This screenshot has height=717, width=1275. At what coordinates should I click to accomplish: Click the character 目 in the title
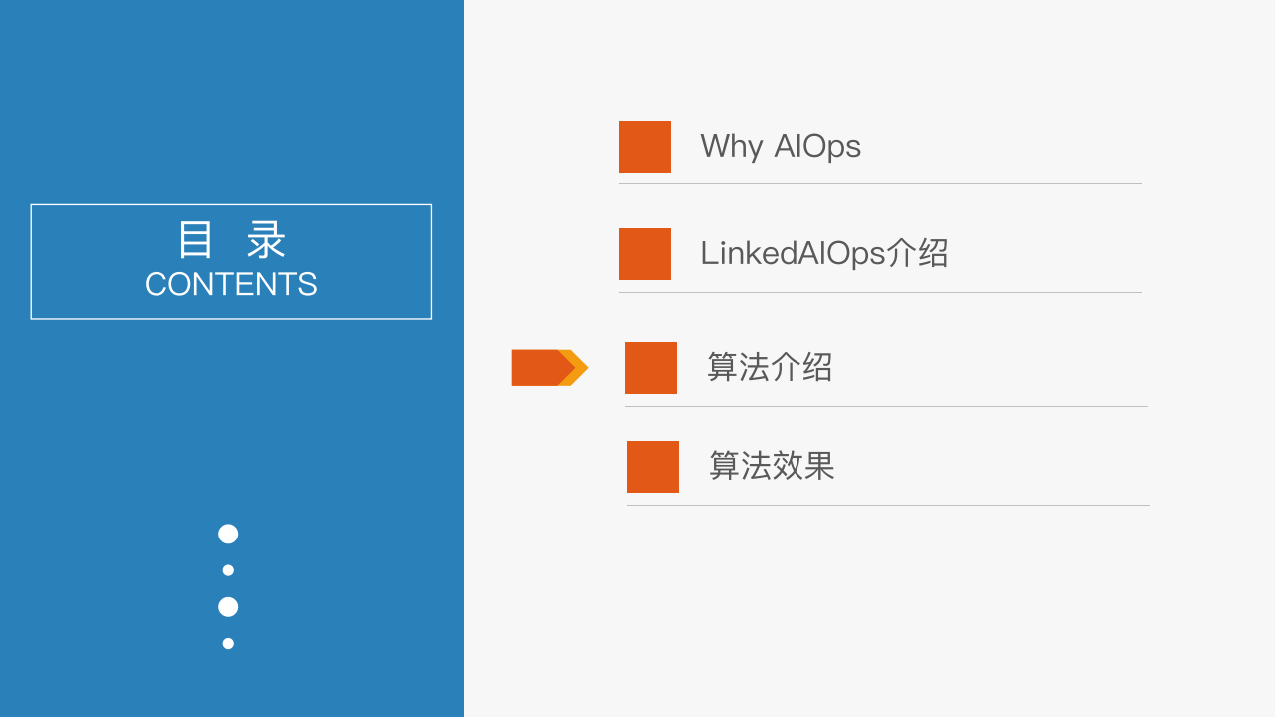coord(195,241)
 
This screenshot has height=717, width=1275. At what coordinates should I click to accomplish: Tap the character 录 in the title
coord(267,241)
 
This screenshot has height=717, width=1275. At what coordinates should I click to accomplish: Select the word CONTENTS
coord(230,285)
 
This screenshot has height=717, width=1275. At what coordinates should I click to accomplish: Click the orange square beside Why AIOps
coord(645,147)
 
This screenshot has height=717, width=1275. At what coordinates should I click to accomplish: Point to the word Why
coord(731,147)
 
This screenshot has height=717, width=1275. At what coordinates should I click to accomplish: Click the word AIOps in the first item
coord(817,147)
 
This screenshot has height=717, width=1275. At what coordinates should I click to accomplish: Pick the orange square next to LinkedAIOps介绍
coord(645,254)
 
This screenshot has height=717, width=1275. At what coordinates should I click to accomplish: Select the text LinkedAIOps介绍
coord(823,253)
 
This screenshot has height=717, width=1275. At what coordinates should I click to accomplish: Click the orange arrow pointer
coord(549,367)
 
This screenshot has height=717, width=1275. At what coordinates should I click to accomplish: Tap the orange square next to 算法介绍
coord(651,368)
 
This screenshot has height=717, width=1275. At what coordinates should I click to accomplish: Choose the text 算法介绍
coord(770,367)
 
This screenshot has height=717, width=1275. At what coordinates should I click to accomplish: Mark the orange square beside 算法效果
coord(653,467)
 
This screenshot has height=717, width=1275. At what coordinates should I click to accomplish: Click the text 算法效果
coord(772,466)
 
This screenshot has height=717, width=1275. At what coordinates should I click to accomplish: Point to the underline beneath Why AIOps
coord(880,183)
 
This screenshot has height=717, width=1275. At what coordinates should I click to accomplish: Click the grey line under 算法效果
coord(888,505)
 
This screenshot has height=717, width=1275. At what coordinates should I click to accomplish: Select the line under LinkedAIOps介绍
coord(880,292)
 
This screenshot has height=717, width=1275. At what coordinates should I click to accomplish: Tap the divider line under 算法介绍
coord(886,406)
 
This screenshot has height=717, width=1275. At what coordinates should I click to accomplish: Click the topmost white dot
coord(228,534)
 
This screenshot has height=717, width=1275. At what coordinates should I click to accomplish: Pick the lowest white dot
coord(228,643)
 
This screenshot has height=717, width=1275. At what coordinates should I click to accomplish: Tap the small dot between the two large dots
coord(228,570)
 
